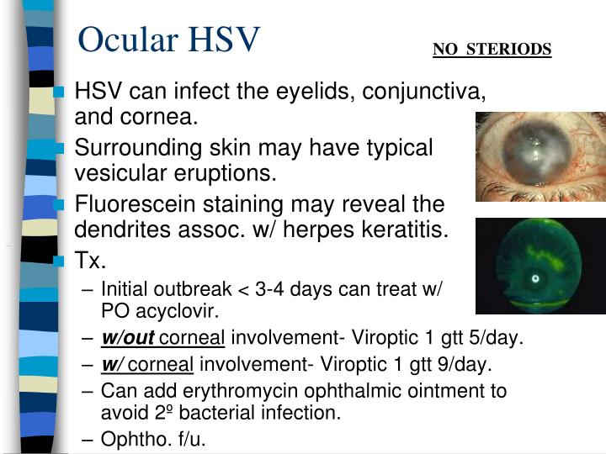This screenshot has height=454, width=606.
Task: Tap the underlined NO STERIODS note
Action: coord(492,49)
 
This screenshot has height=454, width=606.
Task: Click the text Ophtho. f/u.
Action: coord(153,439)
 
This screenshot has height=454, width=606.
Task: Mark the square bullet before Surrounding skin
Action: coord(59,149)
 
